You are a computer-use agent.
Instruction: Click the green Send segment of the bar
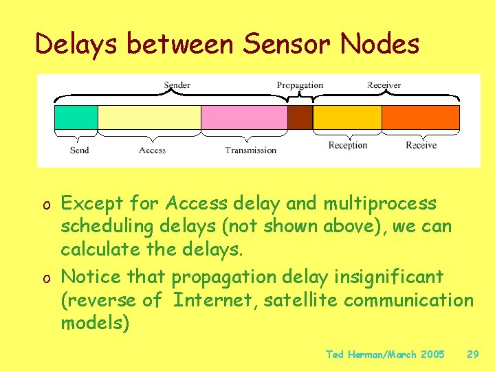[76, 117]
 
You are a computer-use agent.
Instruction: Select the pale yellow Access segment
[149, 117]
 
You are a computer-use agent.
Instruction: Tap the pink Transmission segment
[244, 117]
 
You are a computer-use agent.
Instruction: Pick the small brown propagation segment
[300, 117]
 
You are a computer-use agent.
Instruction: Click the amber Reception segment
[347, 117]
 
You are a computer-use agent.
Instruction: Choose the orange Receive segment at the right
[421, 117]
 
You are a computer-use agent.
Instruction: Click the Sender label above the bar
[177, 85]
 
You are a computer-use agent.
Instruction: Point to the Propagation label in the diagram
[300, 85]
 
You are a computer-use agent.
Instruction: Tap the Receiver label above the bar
[384, 85]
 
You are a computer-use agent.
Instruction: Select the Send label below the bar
[80, 150]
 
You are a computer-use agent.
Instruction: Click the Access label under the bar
[152, 150]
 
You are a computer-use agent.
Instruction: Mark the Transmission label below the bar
[251, 150]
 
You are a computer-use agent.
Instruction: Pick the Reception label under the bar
[348, 146]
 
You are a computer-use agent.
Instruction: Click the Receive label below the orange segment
[421, 146]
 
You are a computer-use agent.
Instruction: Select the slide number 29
[472, 355]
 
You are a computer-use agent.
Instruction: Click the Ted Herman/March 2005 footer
[385, 355]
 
